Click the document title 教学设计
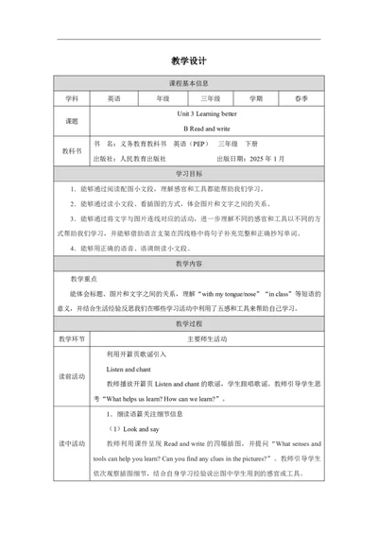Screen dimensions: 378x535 189,60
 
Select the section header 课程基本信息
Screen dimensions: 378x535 189,82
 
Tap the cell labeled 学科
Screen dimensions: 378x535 73,97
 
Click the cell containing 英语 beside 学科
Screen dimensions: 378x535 114,97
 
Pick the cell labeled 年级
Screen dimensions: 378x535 162,97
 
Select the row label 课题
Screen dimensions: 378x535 73,120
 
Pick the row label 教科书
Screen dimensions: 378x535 73,151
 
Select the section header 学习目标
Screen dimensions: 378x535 189,174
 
